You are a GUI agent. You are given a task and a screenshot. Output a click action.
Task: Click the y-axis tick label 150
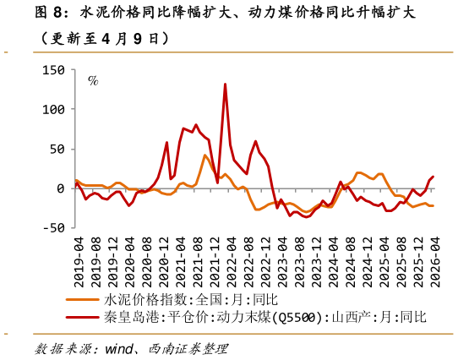[53, 70]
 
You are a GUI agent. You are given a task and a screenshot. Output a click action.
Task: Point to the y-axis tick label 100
[53, 110]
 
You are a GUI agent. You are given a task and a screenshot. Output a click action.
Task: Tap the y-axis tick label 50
[57, 149]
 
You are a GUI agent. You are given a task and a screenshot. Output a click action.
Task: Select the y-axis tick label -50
[53, 227]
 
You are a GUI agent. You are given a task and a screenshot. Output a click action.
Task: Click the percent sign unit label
[94, 82]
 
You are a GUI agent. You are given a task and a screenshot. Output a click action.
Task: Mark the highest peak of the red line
[225, 84]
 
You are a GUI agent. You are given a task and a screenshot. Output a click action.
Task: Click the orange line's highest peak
[204, 155]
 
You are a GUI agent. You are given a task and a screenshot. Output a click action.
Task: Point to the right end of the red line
[433, 177]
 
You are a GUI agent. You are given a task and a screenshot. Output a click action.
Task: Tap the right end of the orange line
[433, 205]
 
